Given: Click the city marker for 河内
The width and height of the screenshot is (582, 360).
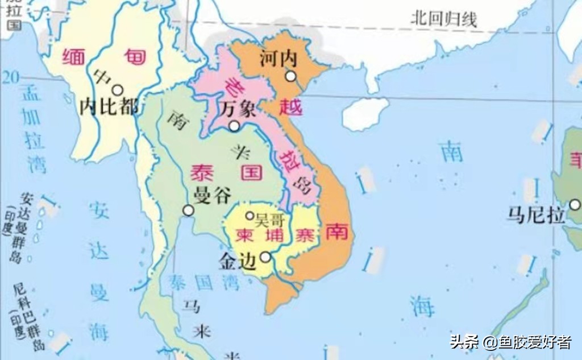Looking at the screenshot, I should point(291,76).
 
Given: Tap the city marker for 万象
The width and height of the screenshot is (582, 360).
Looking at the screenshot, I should point(234,126).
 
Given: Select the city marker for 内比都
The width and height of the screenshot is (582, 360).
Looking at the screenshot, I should point(118,90).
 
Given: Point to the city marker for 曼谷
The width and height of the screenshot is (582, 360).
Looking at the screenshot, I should point(188,210).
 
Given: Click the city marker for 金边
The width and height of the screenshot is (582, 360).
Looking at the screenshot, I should point(265,257).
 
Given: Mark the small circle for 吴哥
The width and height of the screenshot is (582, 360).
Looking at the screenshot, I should point(250,216).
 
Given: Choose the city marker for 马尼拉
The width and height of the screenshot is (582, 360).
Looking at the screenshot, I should point(575,204).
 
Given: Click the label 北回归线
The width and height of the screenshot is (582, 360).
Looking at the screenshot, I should point(443,19).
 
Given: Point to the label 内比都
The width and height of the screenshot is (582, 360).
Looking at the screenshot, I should point(108,107).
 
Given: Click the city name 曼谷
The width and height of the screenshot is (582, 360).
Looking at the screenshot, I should point(213,197).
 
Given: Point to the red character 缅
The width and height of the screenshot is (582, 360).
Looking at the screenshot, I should point(73,56).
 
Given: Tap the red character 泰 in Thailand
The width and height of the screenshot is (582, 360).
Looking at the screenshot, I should point(202,172).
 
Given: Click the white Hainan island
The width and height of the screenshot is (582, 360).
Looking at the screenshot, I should point(365,113).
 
